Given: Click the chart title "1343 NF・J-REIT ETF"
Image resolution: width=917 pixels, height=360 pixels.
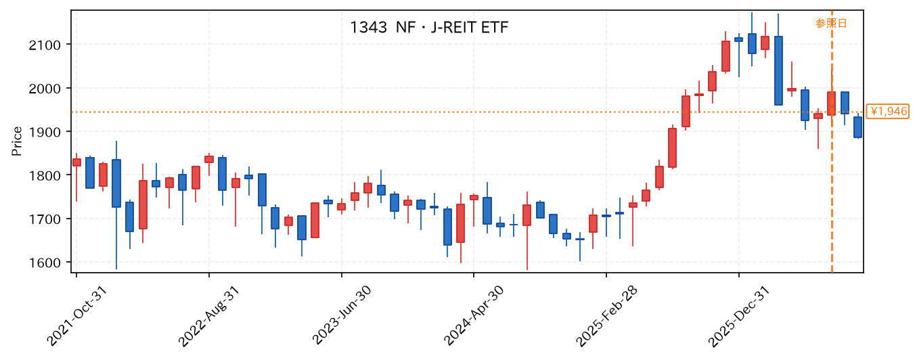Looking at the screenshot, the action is tap(429, 28).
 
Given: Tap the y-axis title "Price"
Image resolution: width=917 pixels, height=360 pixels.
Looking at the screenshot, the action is tap(17, 141).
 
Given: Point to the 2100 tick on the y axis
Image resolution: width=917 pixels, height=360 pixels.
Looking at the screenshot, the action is tap(45, 45).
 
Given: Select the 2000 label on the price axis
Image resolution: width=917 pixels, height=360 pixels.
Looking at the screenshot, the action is tap(45, 89).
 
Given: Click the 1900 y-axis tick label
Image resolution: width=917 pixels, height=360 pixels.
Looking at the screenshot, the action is tap(45, 132).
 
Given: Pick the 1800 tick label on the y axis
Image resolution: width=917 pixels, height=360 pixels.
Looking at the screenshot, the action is tap(45, 176).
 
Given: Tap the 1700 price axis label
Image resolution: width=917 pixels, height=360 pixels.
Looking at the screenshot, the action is tap(45, 219).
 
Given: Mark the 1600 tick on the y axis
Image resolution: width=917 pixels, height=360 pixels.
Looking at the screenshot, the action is tap(45, 263).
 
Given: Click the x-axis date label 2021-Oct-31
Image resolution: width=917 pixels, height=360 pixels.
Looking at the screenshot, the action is tap(76, 316).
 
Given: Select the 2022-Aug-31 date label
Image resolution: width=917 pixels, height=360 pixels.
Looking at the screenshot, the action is tap(209, 316).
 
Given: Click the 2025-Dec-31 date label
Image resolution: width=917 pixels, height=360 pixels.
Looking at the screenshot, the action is tap(739, 316).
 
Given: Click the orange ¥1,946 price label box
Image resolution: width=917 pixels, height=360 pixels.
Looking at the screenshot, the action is tap(888, 112).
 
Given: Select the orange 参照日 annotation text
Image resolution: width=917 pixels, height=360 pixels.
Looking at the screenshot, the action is tap(830, 23).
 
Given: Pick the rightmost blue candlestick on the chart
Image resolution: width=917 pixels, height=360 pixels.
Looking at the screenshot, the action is tap(857, 127).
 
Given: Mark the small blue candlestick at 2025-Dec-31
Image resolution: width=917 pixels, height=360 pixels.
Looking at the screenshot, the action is tap(738, 40).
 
